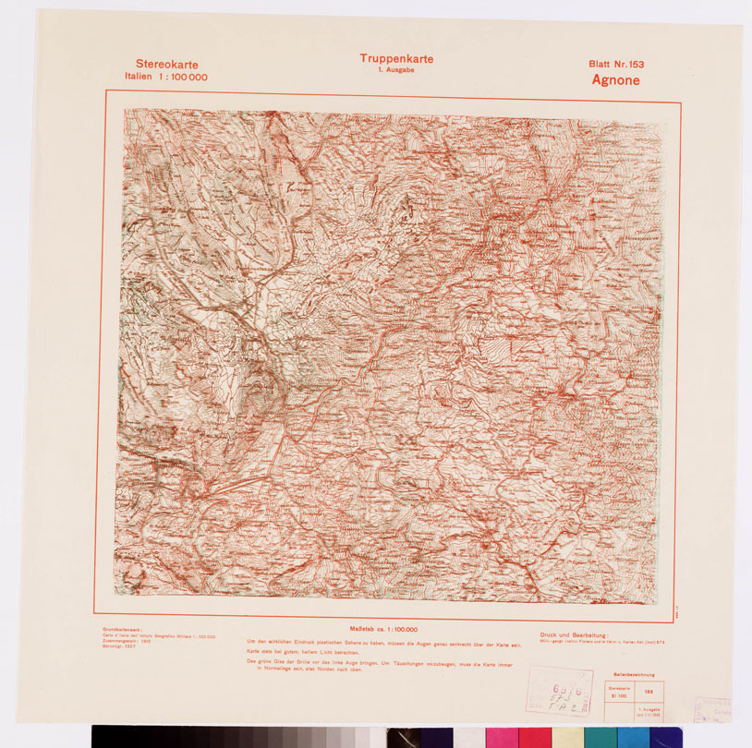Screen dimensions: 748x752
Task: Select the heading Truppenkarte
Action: pyautogui.click(x=396, y=59)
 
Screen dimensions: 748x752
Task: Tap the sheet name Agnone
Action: pyautogui.click(x=615, y=80)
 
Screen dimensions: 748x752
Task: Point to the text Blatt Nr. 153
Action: pyautogui.click(x=615, y=65)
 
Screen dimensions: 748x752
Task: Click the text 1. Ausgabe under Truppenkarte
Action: pyautogui.click(x=396, y=71)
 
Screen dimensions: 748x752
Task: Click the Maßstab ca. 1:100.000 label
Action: pyautogui.click(x=383, y=629)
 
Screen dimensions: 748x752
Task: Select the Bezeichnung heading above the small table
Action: pyautogui.click(x=633, y=676)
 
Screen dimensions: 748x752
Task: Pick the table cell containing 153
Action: pyautogui.click(x=649, y=691)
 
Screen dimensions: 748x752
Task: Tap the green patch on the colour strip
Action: pyautogui.click(x=599, y=737)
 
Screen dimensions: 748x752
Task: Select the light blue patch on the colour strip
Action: pyautogui.click(x=632, y=737)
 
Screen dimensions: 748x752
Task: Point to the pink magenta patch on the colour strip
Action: pyautogui.click(x=500, y=737)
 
